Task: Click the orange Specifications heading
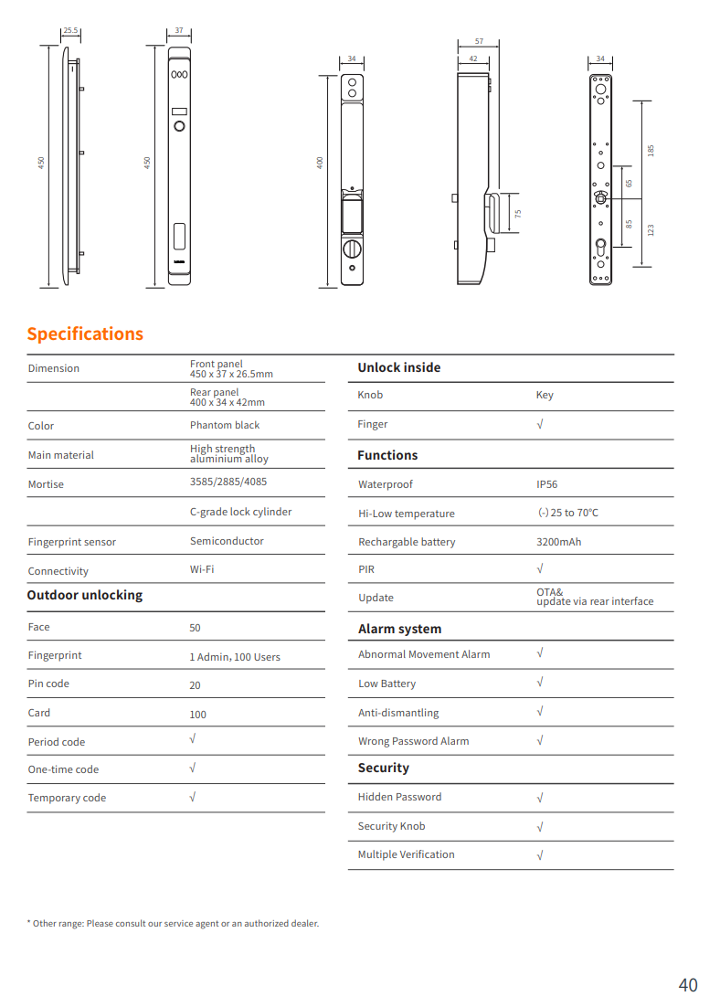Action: click(x=85, y=334)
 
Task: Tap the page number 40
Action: click(x=687, y=984)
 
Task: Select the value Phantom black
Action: click(x=225, y=425)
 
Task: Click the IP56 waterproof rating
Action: click(x=546, y=484)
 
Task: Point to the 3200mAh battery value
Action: click(x=558, y=542)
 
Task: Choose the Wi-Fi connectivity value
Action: click(x=202, y=569)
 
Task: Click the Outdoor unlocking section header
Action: click(x=85, y=595)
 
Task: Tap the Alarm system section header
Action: click(x=399, y=629)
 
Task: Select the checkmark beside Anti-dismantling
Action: click(x=540, y=711)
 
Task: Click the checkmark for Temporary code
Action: click(x=192, y=796)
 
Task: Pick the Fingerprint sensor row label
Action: click(x=72, y=542)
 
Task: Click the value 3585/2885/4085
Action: click(x=228, y=482)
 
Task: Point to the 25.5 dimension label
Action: click(x=70, y=31)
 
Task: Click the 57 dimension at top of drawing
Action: click(x=480, y=42)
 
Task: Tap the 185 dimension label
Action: click(x=651, y=149)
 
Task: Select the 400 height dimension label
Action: click(x=320, y=162)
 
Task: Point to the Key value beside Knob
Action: click(x=545, y=395)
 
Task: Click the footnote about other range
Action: click(x=173, y=923)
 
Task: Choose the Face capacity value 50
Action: click(x=195, y=628)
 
